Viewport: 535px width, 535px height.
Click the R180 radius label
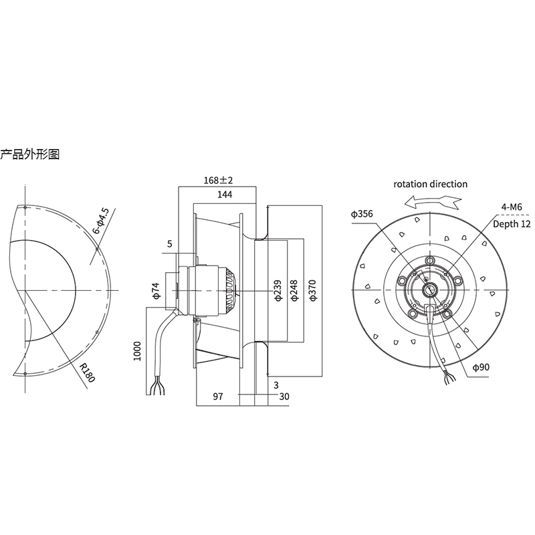87,372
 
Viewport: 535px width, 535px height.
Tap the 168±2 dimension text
218,180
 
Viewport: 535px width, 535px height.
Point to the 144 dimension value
225,195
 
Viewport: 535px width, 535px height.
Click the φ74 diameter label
156,291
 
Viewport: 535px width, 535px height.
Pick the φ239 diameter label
278,291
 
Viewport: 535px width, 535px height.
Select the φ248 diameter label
295,291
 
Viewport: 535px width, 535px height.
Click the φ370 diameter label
313,291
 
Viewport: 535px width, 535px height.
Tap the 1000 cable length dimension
137,351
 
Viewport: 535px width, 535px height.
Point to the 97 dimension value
218,396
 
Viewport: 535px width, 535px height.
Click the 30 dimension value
284,396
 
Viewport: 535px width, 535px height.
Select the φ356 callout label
362,214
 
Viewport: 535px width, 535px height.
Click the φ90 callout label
481,367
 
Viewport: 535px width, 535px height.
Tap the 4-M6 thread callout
512,207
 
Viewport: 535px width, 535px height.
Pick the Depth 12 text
512,224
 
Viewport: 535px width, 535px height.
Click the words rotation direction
430,185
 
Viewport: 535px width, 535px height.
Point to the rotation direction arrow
433,202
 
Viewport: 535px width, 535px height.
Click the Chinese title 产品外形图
29,154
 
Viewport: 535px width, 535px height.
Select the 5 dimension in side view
170,243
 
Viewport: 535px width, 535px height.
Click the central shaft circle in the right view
428,290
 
